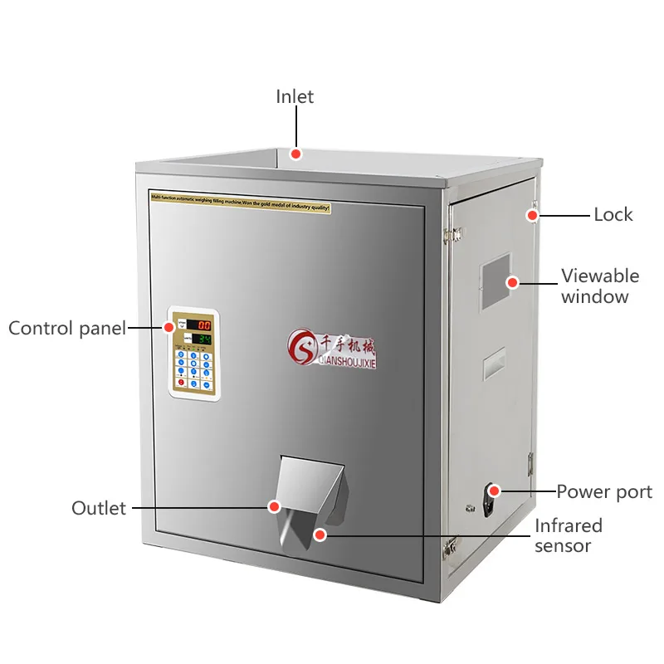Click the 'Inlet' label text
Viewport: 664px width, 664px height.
coord(295,97)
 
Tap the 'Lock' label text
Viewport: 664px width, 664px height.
coord(613,215)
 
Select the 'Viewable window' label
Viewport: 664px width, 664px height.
coord(599,286)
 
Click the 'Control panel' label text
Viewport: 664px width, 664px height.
coord(67,328)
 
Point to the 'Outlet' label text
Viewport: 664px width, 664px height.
coord(99,507)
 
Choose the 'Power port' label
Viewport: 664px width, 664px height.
coord(604,491)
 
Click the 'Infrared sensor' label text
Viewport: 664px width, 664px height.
coord(569,535)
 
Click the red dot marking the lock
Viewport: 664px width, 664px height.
coord(531,216)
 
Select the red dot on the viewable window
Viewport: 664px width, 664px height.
coord(513,283)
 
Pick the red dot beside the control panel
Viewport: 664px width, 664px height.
coord(168,327)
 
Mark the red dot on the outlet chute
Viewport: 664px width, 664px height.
coord(273,505)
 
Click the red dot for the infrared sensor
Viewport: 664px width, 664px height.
coord(320,535)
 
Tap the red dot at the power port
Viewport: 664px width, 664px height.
coord(494,491)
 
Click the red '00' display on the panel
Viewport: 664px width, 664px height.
coord(201,325)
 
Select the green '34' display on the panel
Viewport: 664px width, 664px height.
coord(203,339)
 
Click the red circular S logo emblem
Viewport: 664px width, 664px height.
coord(300,345)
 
